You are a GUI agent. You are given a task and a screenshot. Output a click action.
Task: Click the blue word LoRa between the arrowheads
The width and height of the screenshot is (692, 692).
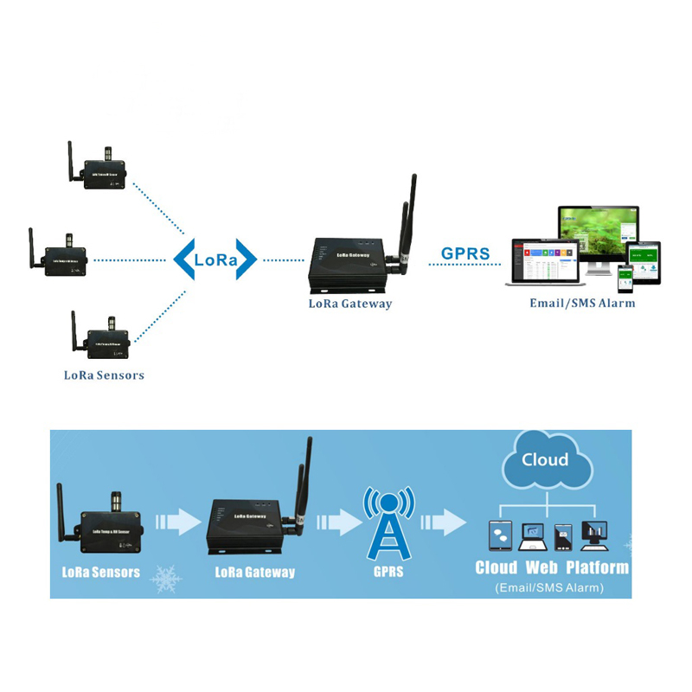pyautogui.click(x=215, y=259)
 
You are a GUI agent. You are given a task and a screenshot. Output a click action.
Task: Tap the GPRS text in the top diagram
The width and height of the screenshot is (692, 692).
pyautogui.click(x=465, y=254)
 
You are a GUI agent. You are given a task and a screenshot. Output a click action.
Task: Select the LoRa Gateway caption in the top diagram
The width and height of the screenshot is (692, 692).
pyautogui.click(x=350, y=304)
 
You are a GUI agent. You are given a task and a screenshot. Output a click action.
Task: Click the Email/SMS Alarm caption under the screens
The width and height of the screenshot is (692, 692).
pyautogui.click(x=582, y=304)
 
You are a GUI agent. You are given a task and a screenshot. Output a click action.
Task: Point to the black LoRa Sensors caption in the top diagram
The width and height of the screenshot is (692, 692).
pyautogui.click(x=104, y=375)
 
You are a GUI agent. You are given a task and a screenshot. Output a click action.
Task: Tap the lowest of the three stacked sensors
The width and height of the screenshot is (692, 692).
pyautogui.click(x=103, y=340)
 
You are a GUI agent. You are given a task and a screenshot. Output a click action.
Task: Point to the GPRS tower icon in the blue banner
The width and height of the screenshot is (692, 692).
pyautogui.click(x=388, y=524)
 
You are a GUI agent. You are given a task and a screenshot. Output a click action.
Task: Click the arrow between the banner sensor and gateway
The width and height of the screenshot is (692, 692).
pyautogui.click(x=176, y=522)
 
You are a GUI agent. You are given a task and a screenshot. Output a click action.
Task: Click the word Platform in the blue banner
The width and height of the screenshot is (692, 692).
pyautogui.click(x=597, y=568)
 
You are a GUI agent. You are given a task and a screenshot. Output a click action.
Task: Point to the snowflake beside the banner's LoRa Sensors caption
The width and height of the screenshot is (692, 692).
pyautogui.click(x=165, y=579)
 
